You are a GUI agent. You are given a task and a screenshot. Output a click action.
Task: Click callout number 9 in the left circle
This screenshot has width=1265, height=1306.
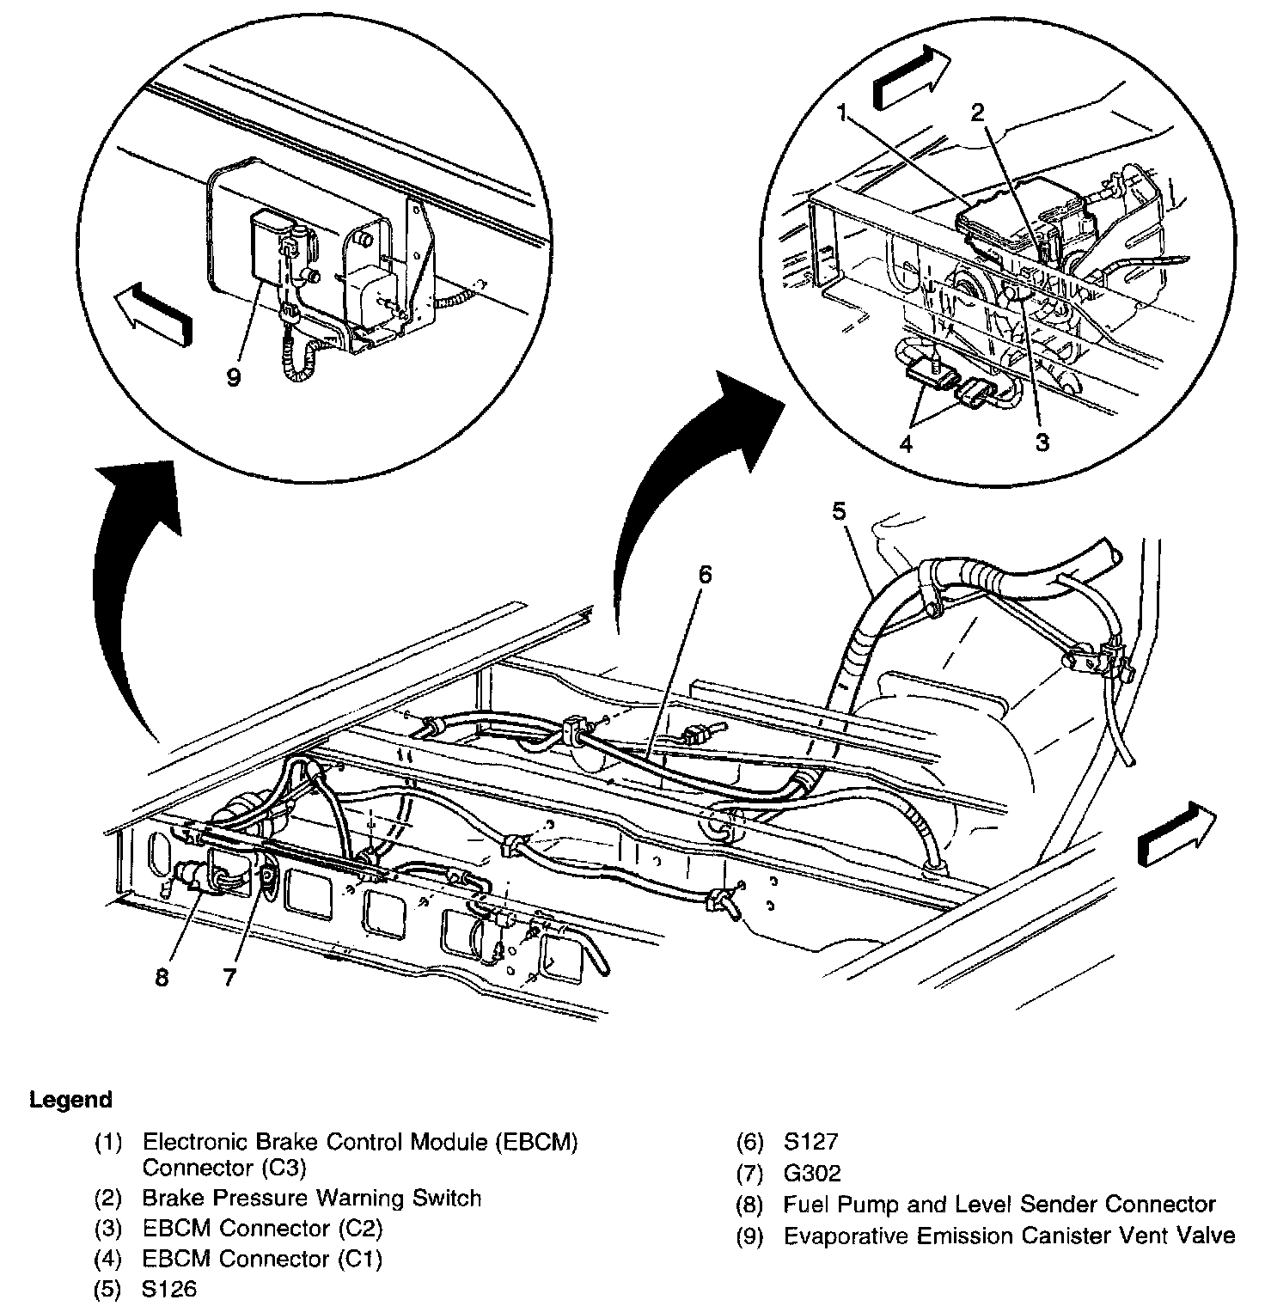click(x=234, y=377)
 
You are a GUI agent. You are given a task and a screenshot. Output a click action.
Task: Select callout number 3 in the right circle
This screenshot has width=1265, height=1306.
click(x=1042, y=443)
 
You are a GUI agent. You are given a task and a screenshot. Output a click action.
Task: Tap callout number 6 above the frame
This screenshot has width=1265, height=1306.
click(x=705, y=575)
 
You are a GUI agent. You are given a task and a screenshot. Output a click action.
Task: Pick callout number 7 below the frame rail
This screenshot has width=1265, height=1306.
click(x=229, y=977)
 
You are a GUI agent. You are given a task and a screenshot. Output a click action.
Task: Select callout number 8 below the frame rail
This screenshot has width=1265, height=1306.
click(x=162, y=977)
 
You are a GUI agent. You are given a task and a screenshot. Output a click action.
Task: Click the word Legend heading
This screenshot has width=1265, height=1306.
click(x=70, y=1100)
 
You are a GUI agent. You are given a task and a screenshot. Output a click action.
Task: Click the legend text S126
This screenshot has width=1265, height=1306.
click(x=170, y=1290)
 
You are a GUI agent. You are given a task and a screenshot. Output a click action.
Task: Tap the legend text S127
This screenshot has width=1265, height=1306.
click(x=810, y=1142)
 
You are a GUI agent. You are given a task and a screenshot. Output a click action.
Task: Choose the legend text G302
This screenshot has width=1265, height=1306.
click(x=812, y=1173)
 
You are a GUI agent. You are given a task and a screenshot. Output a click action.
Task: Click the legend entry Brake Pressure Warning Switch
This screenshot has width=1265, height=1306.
click(x=311, y=1198)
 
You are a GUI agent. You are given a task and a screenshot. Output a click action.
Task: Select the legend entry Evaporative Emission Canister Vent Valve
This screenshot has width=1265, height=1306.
click(x=1009, y=1236)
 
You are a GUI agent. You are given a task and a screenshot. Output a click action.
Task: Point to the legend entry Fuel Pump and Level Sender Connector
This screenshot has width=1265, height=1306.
click(x=999, y=1205)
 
